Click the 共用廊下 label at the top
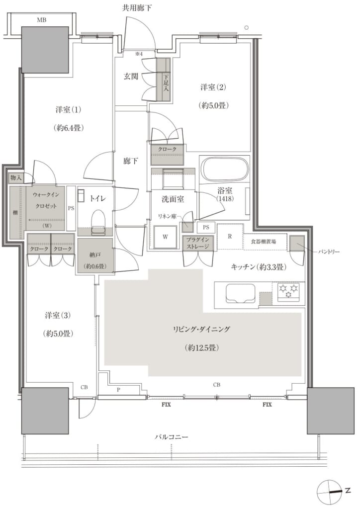coord(137,8)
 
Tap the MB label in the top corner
coord(42,20)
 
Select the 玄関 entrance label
coord(131,76)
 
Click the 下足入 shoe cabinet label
coord(166,83)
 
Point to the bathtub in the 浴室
coord(225,169)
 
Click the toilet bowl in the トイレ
coord(98,221)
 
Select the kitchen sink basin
coord(240,293)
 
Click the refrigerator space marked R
coord(230,236)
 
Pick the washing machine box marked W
coord(165,237)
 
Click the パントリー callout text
coord(328,252)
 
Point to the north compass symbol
coord(330,491)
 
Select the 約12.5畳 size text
coord(201,347)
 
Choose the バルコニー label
coord(171,437)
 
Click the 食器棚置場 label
coord(264,242)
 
